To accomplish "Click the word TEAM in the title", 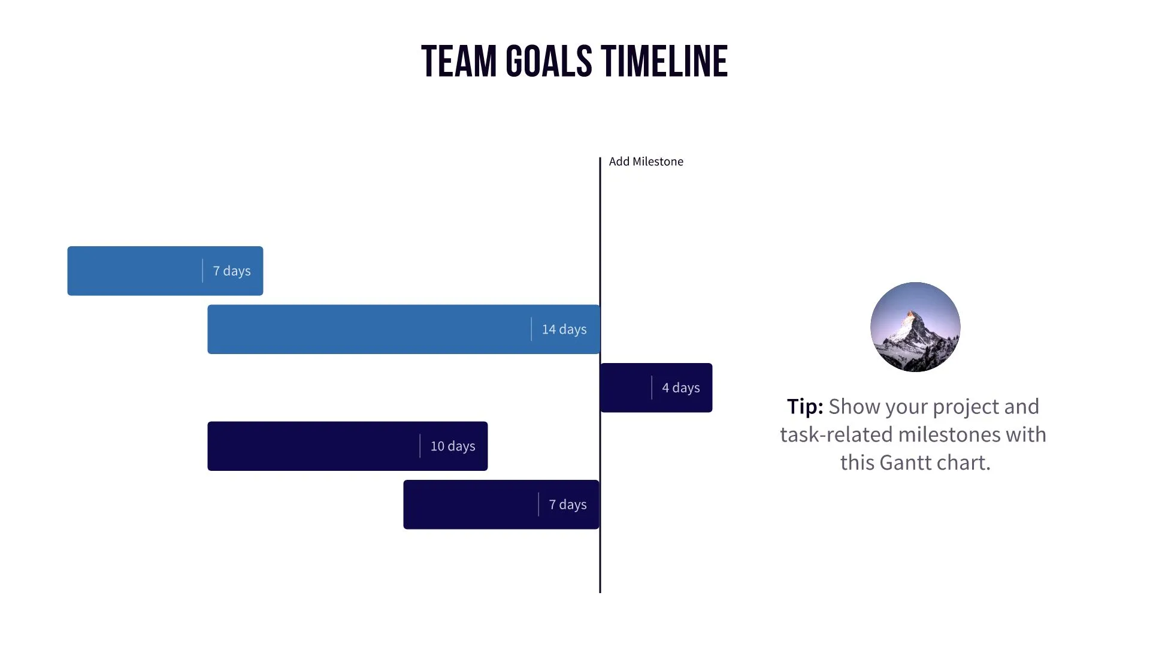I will point(459,62).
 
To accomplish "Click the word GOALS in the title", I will point(549,62).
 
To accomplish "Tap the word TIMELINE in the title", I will point(664,62).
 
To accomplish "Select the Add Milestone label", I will point(646,162).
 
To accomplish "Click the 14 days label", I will point(564,329).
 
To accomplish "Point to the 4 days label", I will point(680,388).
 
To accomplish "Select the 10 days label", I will point(452,446).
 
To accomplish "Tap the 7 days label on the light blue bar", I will point(231,271).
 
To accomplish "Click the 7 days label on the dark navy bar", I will point(567,505).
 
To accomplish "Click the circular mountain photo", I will point(915,327).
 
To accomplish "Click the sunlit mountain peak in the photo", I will point(911,315).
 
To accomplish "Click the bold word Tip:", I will point(804,407).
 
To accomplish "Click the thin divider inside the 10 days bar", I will point(420,446).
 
